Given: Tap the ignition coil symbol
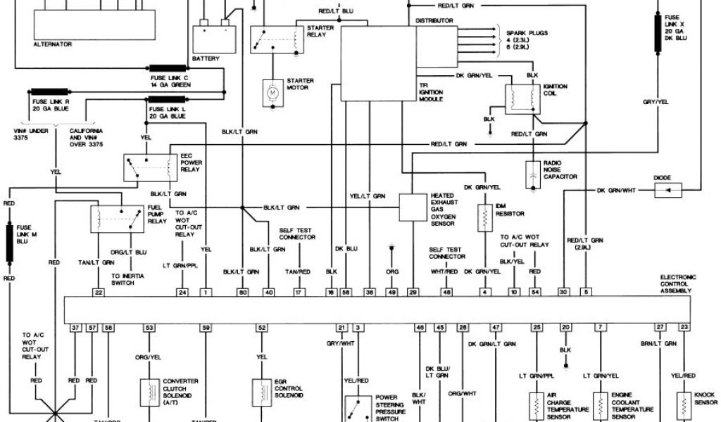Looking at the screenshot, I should click(x=522, y=99).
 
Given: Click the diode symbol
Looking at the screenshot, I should click(x=674, y=190).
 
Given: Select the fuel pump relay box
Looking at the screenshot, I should click(x=117, y=219).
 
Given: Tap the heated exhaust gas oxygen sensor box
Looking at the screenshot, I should click(x=413, y=207).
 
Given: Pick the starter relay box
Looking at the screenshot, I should click(x=274, y=39).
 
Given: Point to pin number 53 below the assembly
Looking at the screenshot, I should click(x=149, y=328).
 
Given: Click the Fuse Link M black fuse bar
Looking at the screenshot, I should click(x=11, y=241).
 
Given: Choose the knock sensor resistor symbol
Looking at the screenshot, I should click(x=682, y=404).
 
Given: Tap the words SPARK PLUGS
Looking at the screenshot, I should click(x=527, y=33).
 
